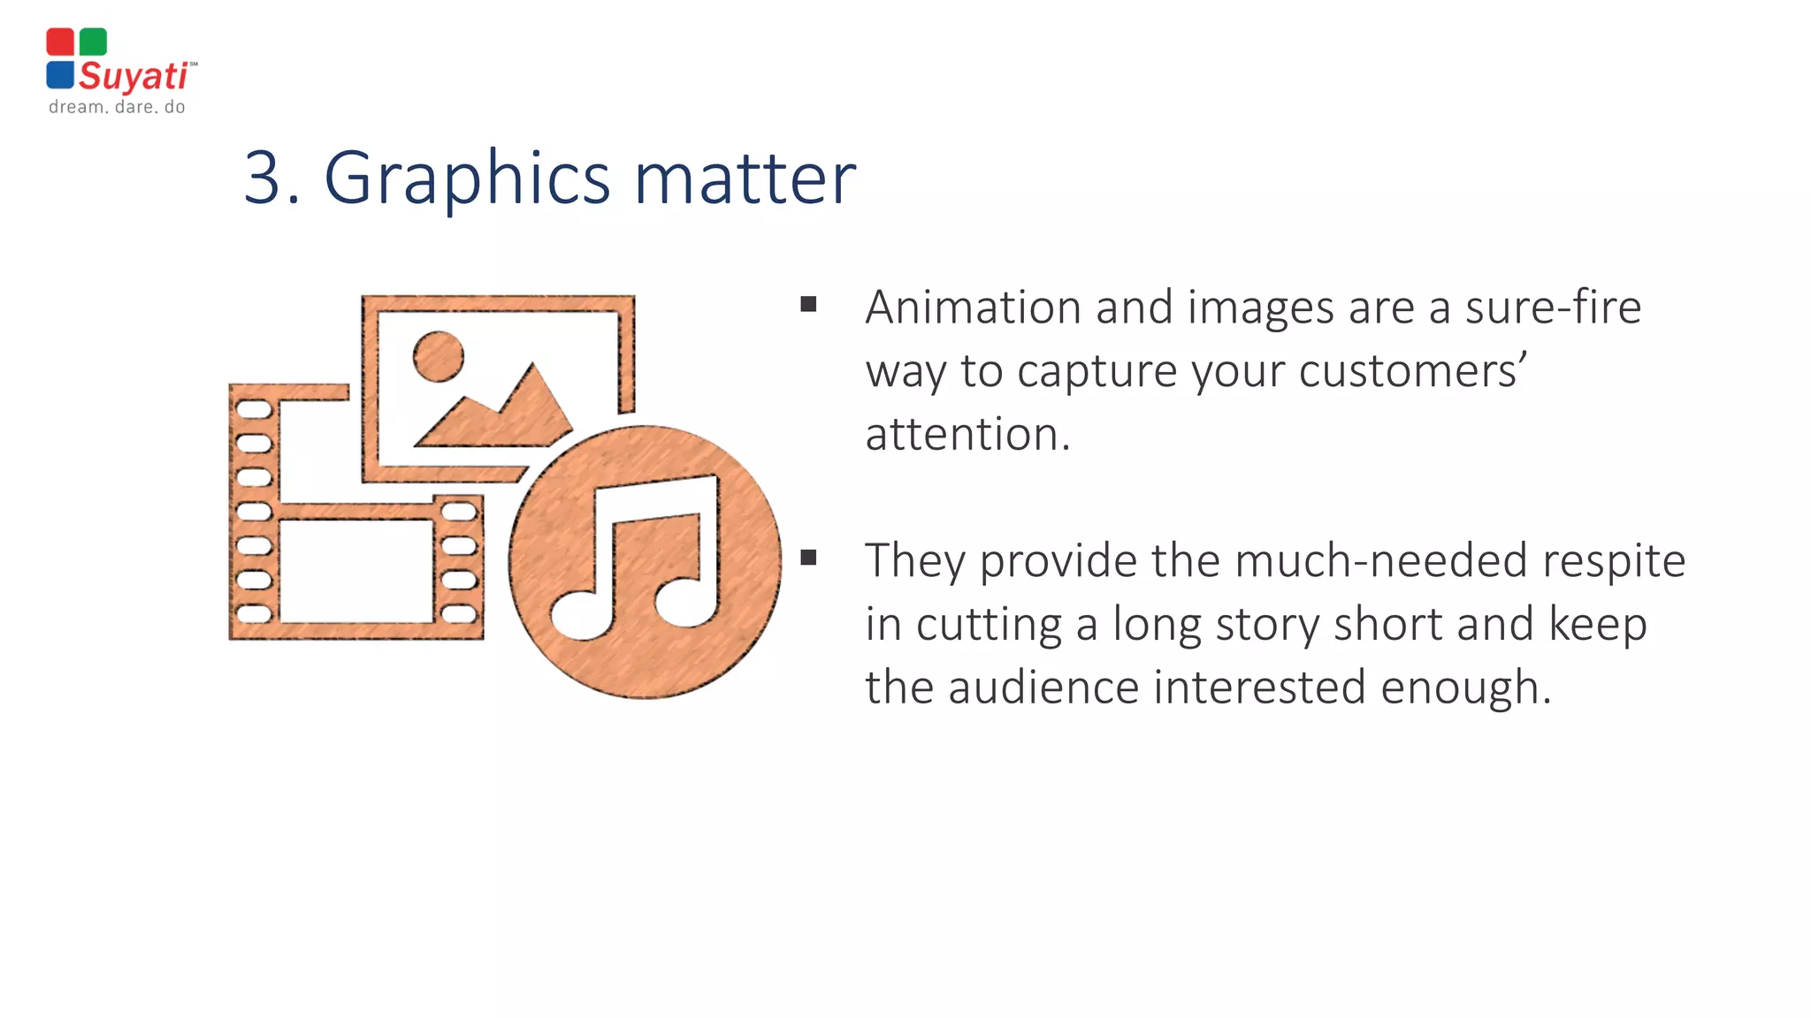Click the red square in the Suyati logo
pyautogui.click(x=60, y=42)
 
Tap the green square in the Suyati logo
pyautogui.click(x=93, y=42)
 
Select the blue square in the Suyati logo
pyautogui.click(x=60, y=74)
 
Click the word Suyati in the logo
pyautogui.click(x=134, y=77)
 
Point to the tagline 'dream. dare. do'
pyautogui.click(x=117, y=107)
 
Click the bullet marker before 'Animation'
pyautogui.click(x=808, y=305)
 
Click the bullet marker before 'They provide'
pyautogui.click(x=808, y=558)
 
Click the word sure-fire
pyautogui.click(x=1553, y=308)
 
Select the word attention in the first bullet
pyautogui.click(x=967, y=435)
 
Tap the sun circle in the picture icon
pyautogui.click(x=439, y=357)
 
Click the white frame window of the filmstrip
pyautogui.click(x=356, y=571)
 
